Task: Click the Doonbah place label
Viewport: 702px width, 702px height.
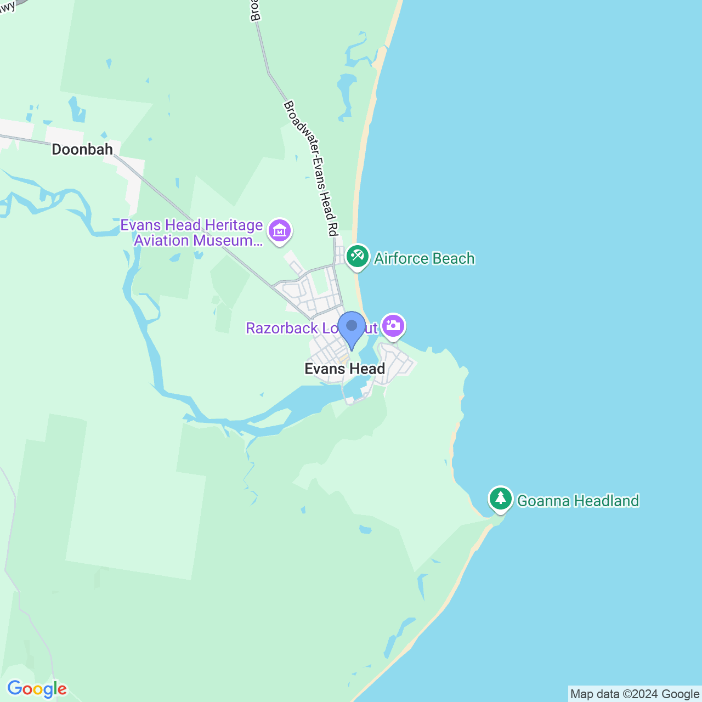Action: (82, 149)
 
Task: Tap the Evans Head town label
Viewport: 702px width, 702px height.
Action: (344, 369)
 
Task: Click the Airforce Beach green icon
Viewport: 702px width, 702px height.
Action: (358, 256)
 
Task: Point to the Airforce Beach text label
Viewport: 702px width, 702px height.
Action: (424, 258)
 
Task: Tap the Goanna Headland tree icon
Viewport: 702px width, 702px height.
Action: (500, 499)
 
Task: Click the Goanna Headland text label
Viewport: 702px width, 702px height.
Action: (578, 501)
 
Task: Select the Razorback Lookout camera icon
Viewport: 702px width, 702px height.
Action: (393, 326)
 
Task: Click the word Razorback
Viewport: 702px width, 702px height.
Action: (282, 328)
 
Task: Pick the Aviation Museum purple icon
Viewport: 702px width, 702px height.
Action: (280, 230)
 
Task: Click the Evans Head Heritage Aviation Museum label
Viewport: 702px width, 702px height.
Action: (192, 233)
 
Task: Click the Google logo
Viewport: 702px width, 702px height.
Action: (37, 689)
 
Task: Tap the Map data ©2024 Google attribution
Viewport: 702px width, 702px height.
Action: (635, 694)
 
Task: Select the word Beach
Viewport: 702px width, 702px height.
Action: (453, 258)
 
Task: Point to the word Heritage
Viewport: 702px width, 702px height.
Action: (234, 225)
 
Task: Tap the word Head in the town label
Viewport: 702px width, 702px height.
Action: (368, 369)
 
